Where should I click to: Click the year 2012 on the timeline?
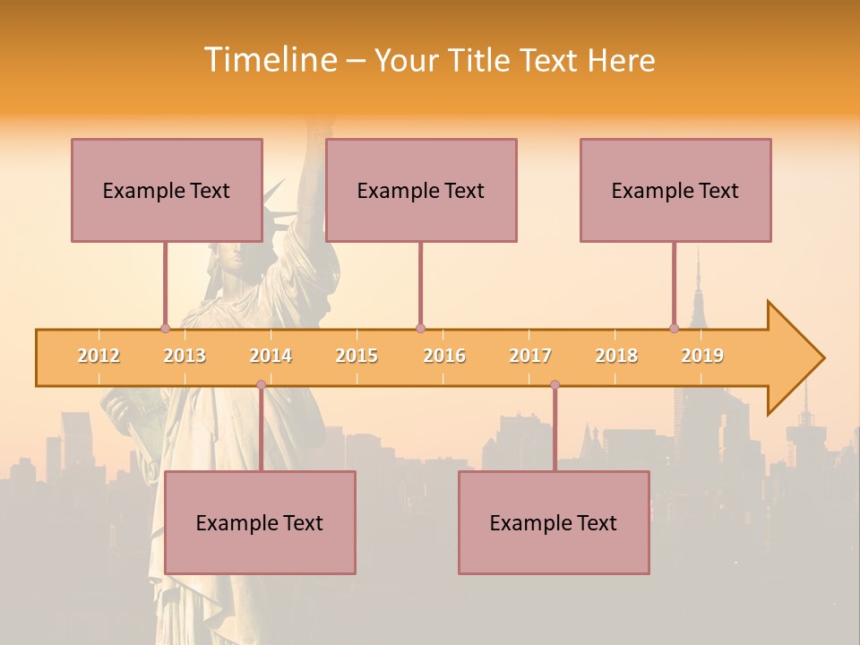(99, 356)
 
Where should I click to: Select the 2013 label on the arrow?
(185, 356)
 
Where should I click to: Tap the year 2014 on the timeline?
(271, 356)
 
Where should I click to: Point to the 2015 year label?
(357, 356)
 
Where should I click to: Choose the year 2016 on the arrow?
(444, 356)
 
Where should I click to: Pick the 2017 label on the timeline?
(530, 356)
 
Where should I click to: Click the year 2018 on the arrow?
(616, 356)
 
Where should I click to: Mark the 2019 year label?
(702, 356)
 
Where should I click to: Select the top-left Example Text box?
(167, 190)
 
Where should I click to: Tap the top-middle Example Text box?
(421, 190)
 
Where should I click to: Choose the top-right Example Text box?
(675, 190)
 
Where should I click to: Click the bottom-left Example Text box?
(260, 522)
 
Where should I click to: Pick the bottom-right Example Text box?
(554, 522)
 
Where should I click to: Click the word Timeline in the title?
(270, 60)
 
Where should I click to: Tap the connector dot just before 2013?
(165, 329)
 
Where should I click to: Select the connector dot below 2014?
(261, 385)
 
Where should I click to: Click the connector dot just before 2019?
(674, 329)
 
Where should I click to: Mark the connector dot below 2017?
(555, 385)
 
